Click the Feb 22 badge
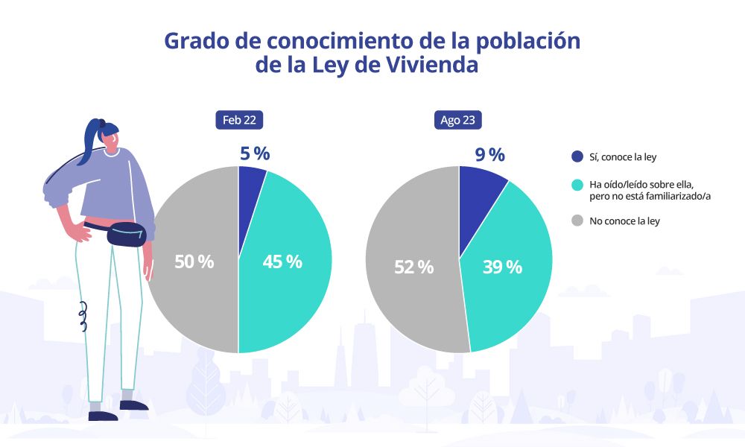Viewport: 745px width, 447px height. click(239, 121)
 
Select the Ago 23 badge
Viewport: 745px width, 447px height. click(458, 121)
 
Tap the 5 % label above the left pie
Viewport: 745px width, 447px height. click(254, 153)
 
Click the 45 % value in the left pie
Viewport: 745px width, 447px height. click(282, 261)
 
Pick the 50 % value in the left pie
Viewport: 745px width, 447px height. click(194, 261)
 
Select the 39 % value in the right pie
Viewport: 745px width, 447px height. click(503, 267)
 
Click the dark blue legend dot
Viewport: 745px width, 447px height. click(577, 156)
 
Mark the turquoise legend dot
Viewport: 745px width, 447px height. click(577, 183)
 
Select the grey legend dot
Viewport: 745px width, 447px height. click(577, 221)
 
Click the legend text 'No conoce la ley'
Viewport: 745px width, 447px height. click(624, 221)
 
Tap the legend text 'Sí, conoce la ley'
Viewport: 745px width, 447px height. click(623, 156)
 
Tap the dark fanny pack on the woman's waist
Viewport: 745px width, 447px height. click(126, 234)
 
